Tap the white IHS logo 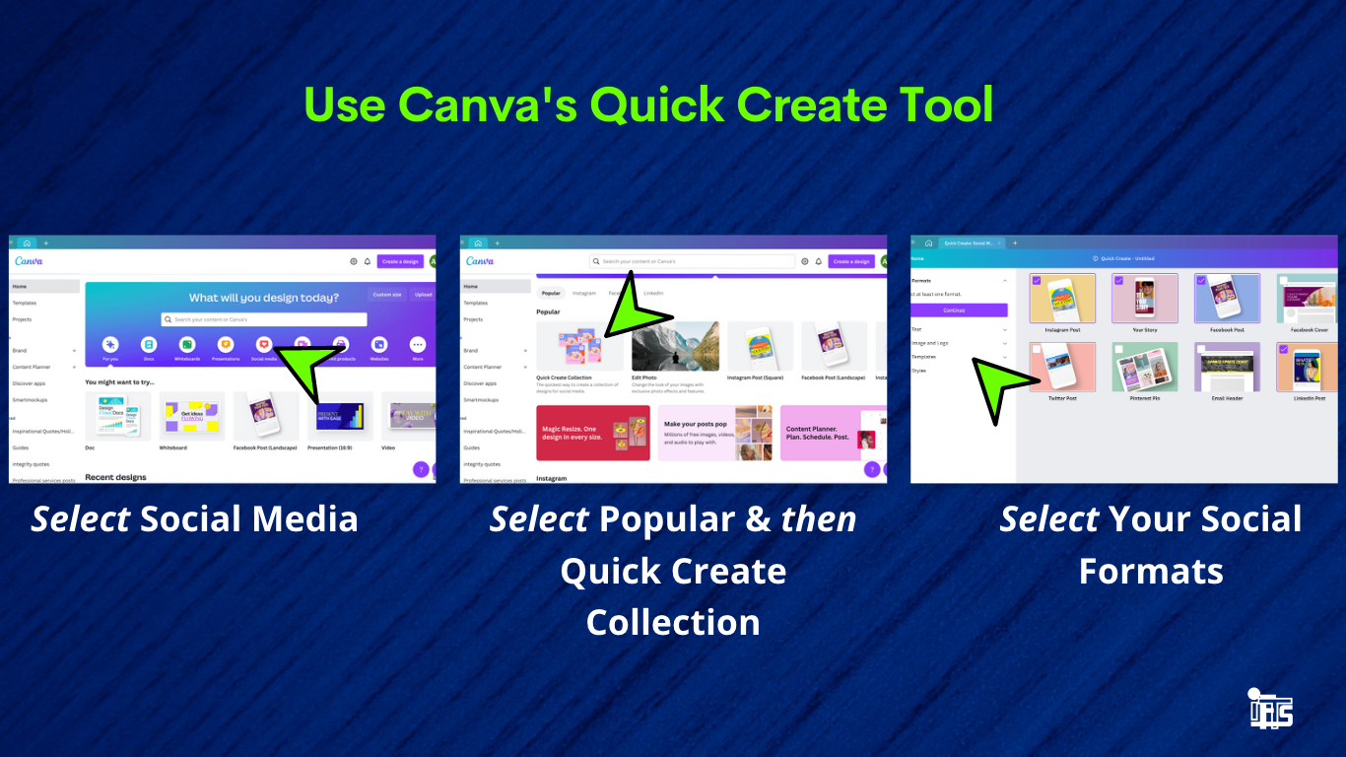pyautogui.click(x=1269, y=710)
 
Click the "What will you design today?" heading pyautogui.click(x=263, y=298)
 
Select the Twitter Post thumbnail pyautogui.click(x=1062, y=368)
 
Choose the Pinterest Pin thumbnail pyautogui.click(x=1144, y=368)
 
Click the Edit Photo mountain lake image pyautogui.click(x=675, y=346)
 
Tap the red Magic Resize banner pyautogui.click(x=593, y=433)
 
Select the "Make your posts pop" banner pyautogui.click(x=714, y=433)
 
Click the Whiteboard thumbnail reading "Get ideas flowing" pyautogui.click(x=191, y=416)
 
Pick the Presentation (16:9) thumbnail pyautogui.click(x=340, y=416)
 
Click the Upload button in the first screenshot pyautogui.click(x=422, y=295)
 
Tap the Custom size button pyautogui.click(x=386, y=295)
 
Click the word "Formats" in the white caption pyautogui.click(x=1150, y=571)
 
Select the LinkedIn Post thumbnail pyautogui.click(x=1308, y=368)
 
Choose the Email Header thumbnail pyautogui.click(x=1227, y=368)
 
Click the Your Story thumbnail pyautogui.click(x=1144, y=299)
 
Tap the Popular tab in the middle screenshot pyautogui.click(x=551, y=293)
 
